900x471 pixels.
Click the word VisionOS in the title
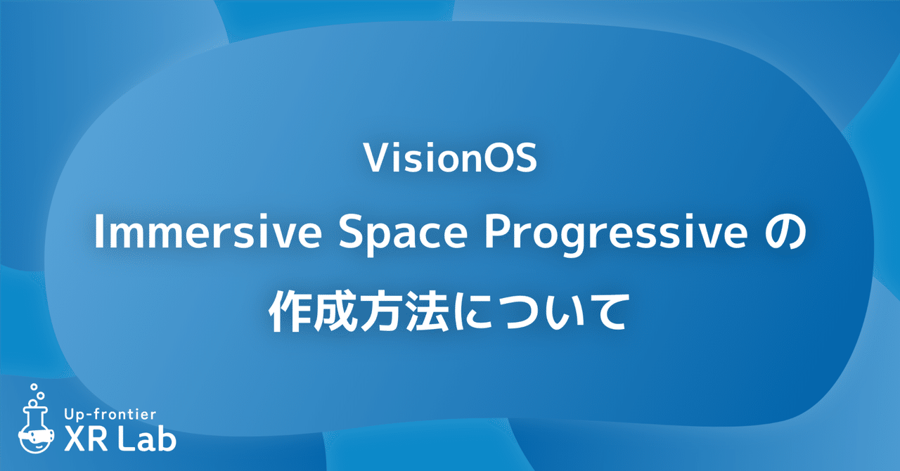click(450, 160)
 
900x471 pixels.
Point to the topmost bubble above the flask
click(34, 387)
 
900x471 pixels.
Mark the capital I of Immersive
click(98, 238)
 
